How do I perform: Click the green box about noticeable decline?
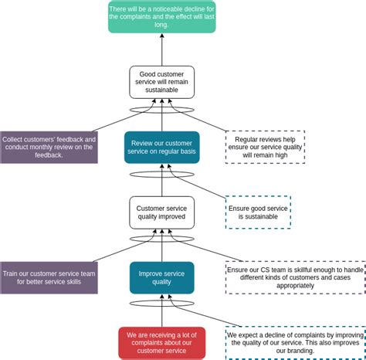pos(161,17)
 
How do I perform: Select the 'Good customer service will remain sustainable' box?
pos(161,82)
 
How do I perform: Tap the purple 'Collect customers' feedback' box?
pos(49,147)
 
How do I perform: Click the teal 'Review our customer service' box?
pos(161,147)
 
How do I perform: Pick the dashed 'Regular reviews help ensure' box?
pos(265,147)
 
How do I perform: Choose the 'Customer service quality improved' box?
pos(161,212)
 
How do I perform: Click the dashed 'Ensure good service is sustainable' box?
pos(258,212)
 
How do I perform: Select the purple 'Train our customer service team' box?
pos(49,277)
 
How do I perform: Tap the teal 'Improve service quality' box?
pos(161,277)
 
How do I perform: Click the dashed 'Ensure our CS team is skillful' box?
pos(295,277)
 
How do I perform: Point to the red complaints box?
pos(161,343)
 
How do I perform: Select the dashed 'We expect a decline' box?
pos(295,343)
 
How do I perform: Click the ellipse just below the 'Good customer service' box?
pos(161,110)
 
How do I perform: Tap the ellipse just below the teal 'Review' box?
pos(161,175)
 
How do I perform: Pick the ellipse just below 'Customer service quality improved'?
pos(161,239)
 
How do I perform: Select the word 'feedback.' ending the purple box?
pos(49,155)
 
